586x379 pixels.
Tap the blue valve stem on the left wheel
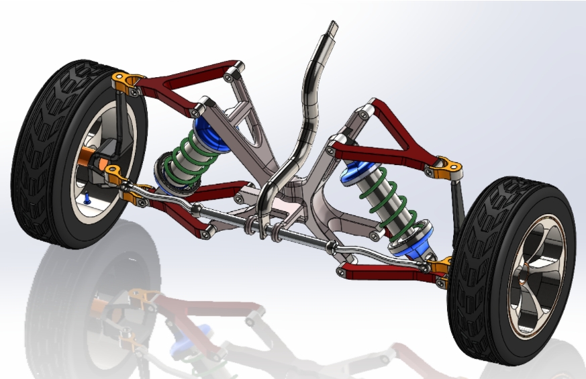87,198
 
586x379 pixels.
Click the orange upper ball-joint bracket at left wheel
125,83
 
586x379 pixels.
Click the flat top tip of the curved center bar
334,29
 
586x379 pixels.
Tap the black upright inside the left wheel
118,127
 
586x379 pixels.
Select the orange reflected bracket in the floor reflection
144,296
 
